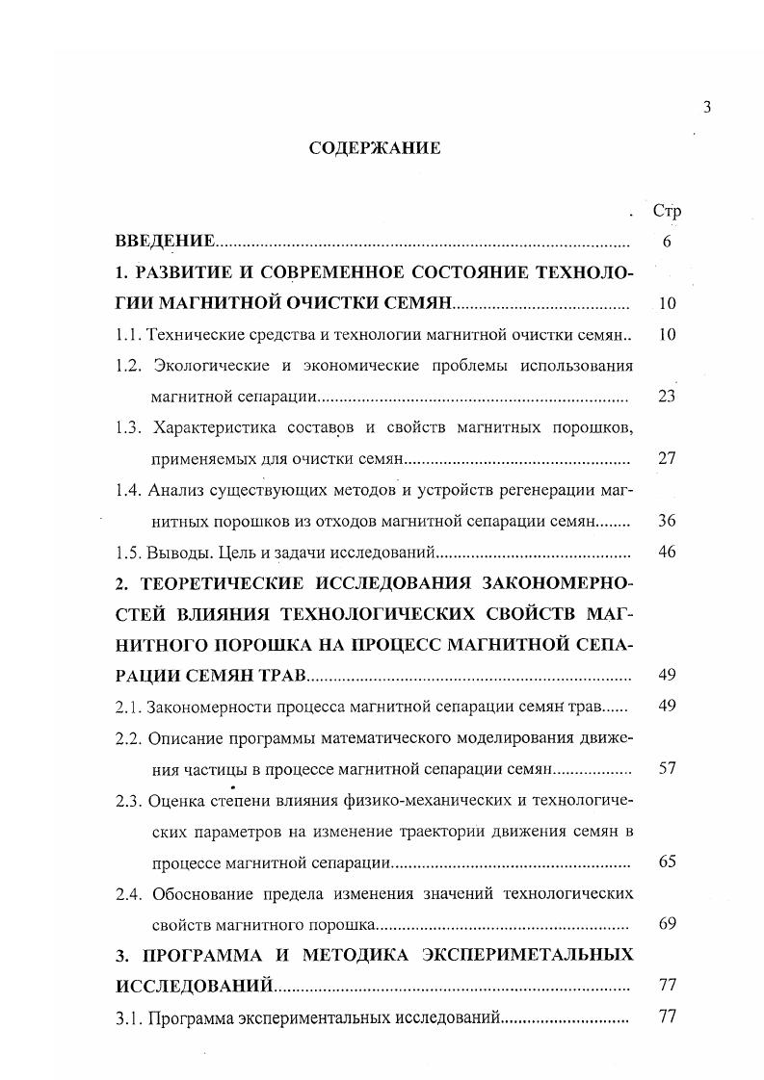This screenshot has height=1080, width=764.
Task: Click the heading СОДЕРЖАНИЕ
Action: (x=374, y=148)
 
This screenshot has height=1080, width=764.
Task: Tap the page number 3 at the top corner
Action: (x=706, y=108)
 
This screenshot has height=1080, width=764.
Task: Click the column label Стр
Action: (x=667, y=211)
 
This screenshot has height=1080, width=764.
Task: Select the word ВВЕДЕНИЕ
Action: (x=165, y=242)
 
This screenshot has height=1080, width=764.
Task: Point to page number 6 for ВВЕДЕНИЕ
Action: (x=667, y=242)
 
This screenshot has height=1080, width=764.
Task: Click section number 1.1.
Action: (x=128, y=334)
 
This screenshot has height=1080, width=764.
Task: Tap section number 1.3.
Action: (x=129, y=426)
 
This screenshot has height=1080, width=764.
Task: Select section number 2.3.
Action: (x=129, y=800)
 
